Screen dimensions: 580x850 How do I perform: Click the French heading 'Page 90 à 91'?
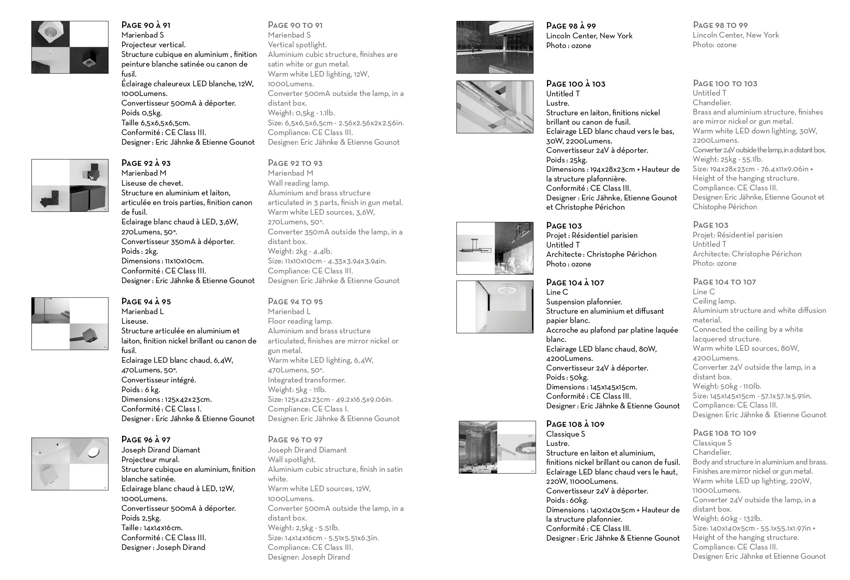[146, 26]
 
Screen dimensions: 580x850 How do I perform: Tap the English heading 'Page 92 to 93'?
[295, 163]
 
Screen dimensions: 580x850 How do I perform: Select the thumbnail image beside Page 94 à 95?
[70, 324]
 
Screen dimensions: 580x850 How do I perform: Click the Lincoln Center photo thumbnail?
[494, 47]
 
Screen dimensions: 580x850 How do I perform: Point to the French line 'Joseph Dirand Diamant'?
[160, 450]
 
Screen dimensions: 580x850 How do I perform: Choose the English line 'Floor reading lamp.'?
[300, 321]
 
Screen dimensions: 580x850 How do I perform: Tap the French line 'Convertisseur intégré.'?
[158, 380]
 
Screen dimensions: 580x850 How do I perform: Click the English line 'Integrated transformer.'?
[307, 380]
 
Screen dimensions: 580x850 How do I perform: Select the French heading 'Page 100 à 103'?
[576, 84]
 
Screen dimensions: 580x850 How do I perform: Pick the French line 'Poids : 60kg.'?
[567, 500]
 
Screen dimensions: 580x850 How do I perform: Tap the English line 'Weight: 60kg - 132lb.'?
[727, 519]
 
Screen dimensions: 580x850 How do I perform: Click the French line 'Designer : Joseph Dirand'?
[163, 547]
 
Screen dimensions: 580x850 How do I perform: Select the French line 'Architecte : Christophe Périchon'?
[601, 254]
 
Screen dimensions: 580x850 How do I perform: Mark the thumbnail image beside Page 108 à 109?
[497, 447]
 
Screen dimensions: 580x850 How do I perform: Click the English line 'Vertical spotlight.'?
[297, 45]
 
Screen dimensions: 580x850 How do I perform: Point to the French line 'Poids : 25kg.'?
[566, 160]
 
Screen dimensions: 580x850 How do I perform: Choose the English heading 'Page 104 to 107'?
[724, 282]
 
